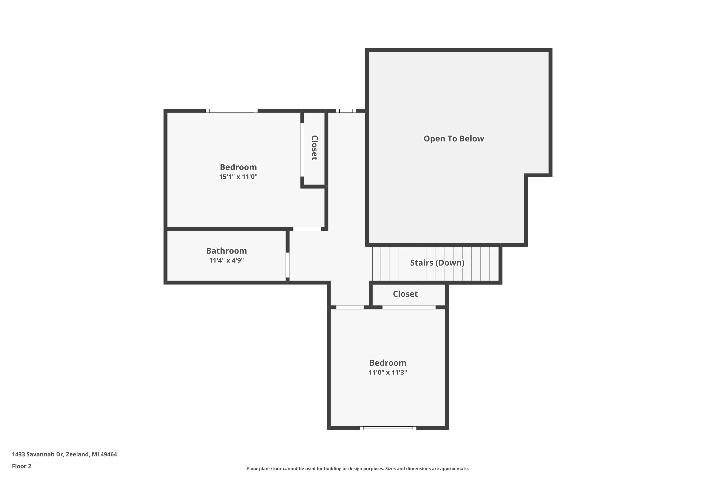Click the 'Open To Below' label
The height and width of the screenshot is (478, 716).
454,139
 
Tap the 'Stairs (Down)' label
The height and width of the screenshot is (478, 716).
437,263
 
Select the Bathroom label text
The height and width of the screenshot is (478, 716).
226,251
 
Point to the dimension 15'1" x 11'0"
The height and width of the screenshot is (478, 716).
238,177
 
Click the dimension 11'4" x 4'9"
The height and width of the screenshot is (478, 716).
226,260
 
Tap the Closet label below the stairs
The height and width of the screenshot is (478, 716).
405,294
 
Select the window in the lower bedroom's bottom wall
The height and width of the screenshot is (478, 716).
388,428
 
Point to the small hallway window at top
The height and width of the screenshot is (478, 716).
346,111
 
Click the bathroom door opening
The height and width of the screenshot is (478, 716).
287,265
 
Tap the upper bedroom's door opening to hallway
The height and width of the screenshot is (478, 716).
307,229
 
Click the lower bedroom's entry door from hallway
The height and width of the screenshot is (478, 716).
350,307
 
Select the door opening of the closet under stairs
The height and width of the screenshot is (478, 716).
409,307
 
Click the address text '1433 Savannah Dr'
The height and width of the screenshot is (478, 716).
38,454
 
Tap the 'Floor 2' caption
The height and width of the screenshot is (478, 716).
22,466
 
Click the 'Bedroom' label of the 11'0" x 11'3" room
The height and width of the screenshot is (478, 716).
388,363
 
